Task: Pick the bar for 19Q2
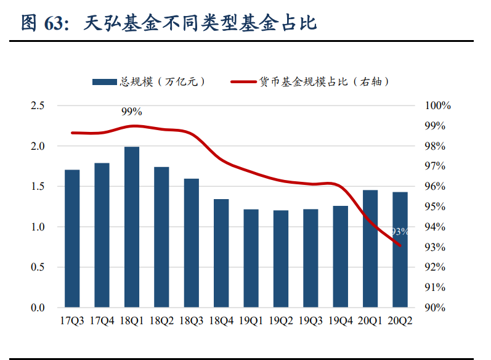(281, 259)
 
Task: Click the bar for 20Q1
(370, 248)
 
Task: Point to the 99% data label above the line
(131, 112)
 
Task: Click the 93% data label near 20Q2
(400, 232)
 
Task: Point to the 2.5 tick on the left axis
(38, 106)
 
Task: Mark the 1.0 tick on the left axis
(38, 227)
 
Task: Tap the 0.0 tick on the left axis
(38, 308)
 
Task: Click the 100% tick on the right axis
(438, 106)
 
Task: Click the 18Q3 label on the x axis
(191, 321)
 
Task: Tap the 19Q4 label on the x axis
(341, 321)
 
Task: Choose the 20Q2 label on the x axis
(400, 321)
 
